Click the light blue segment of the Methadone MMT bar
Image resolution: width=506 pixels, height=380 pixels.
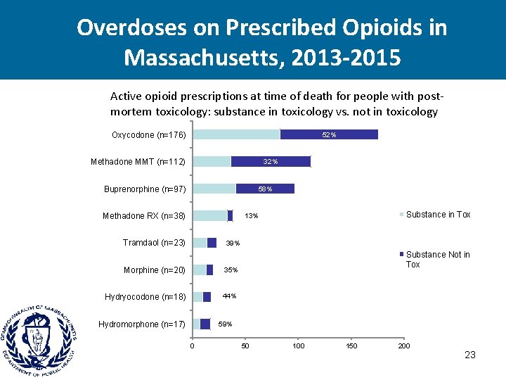click(212, 162)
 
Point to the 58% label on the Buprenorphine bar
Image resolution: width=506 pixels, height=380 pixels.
click(265, 189)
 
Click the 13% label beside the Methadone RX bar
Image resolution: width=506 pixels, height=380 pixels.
click(252, 216)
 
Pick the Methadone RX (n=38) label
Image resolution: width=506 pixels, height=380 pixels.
click(144, 216)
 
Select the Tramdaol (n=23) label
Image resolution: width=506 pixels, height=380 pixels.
click(154, 243)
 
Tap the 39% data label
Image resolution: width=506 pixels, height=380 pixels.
click(232, 243)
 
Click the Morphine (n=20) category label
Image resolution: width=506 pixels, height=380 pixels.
click(155, 270)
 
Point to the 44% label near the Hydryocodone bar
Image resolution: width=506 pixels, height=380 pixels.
click(229, 296)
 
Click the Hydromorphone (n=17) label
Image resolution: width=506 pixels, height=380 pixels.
click(142, 324)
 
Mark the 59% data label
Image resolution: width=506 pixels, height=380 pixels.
click(225, 324)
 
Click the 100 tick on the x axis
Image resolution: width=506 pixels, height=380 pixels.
click(299, 346)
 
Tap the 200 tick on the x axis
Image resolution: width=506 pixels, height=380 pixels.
click(404, 346)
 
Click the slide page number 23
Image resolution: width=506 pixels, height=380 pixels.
click(470, 355)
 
